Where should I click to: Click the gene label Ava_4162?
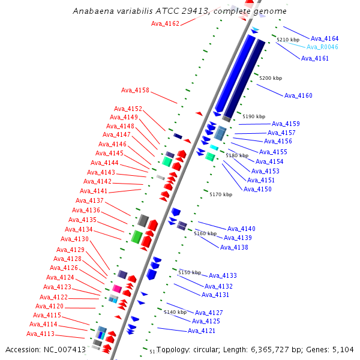pos(165,23)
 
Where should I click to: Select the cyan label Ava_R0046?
pos(322,47)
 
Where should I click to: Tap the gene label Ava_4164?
pos(325,38)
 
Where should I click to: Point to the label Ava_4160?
pos(298,95)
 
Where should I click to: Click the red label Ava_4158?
pos(135,91)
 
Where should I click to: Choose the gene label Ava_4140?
pos(241,229)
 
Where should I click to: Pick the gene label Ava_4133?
pos(223,275)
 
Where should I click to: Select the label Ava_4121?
pos(202,331)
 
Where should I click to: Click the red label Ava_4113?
pos(40,334)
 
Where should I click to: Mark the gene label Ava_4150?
pos(257,189)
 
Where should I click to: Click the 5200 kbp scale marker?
pos(270,78)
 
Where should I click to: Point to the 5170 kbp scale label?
pos(221,194)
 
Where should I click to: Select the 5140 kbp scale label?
pos(175,312)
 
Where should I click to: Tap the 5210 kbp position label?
pos(287,39)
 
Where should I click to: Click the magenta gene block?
pos(117,289)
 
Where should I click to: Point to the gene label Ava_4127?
pos(209,313)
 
